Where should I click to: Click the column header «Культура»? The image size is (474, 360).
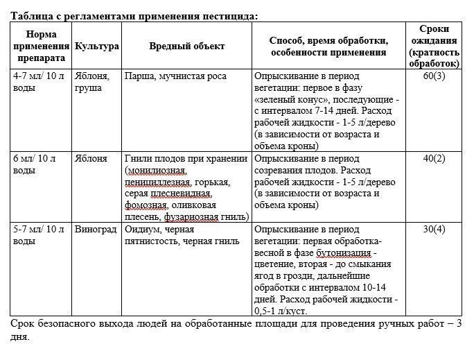[96, 46]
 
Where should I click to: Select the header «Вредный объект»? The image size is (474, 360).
[186, 46]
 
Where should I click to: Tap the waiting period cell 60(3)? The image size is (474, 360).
[434, 75]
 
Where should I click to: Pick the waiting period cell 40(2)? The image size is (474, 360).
[434, 158]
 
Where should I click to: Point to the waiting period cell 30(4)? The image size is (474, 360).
[434, 229]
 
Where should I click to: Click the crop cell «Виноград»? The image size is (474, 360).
[96, 229]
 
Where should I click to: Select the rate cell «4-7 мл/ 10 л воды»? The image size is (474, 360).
[38, 81]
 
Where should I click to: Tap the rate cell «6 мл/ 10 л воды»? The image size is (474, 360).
[38, 164]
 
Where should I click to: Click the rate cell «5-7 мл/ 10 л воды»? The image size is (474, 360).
[38, 235]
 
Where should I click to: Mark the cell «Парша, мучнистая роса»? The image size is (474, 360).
[171, 75]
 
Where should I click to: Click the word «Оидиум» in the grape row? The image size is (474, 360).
[142, 229]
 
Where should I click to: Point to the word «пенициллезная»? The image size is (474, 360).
[158, 182]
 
